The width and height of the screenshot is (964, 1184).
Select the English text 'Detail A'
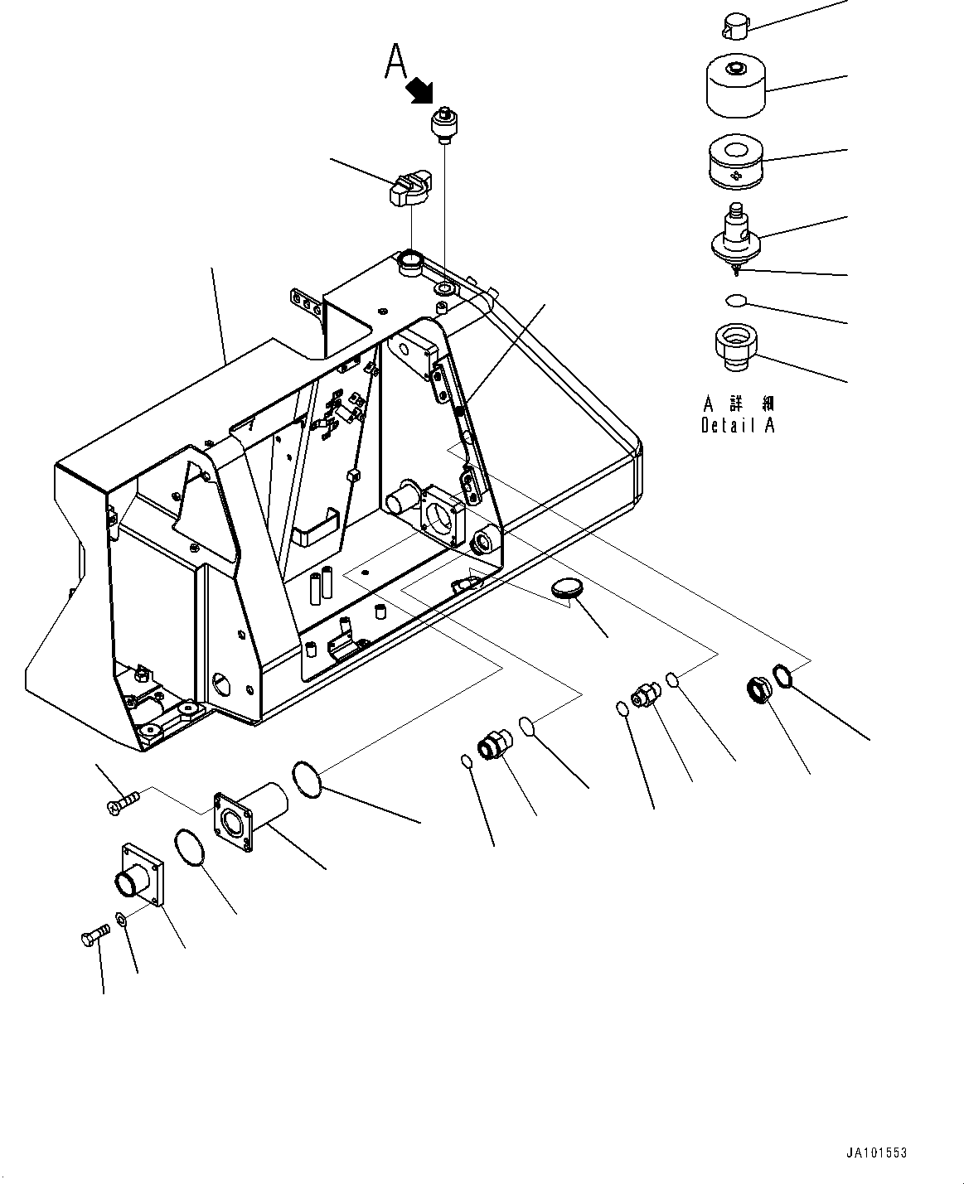tap(738, 426)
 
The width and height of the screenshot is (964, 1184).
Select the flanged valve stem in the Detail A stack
tap(736, 235)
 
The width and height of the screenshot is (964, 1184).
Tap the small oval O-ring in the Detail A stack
tap(736, 299)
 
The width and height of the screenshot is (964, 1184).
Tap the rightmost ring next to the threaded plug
tap(784, 675)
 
